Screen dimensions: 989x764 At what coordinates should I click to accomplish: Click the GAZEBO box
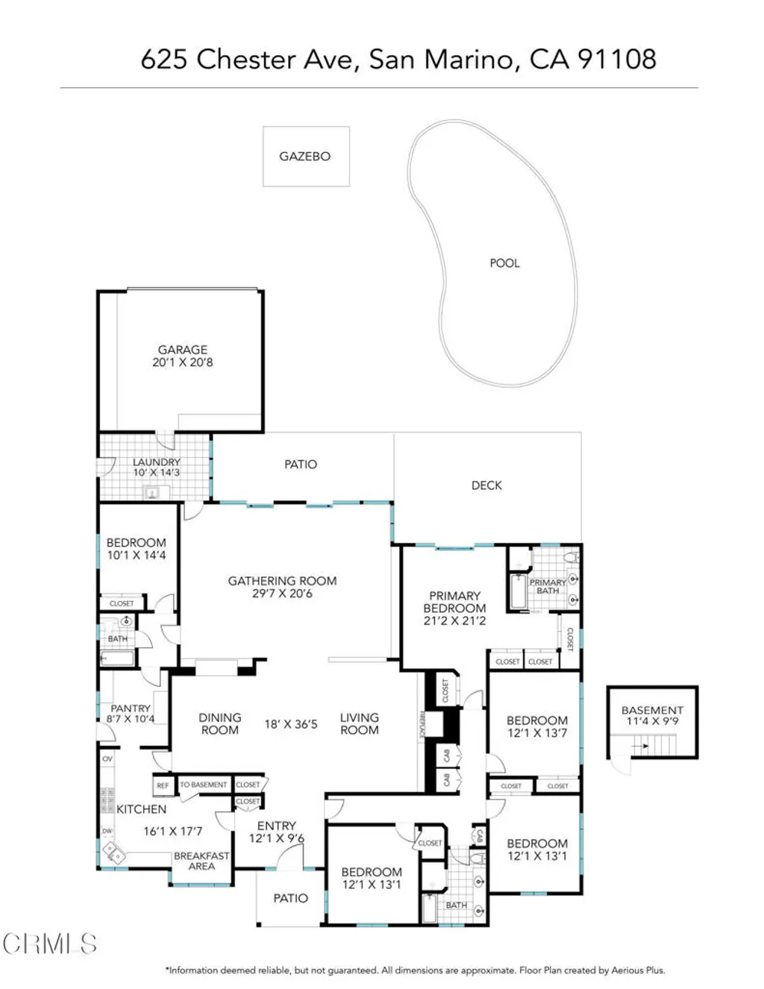coord(305,157)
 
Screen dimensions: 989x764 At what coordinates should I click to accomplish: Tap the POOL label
coord(504,263)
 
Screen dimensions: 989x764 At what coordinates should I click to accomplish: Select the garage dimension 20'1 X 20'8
coord(183,362)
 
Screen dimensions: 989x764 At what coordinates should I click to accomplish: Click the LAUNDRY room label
coord(156,462)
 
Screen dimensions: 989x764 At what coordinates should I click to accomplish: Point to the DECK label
coord(486,486)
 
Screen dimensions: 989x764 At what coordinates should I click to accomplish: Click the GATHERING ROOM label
coord(282,581)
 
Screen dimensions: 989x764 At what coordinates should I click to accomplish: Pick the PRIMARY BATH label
coord(548,586)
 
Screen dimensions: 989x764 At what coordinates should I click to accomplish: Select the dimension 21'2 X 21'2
coord(454,621)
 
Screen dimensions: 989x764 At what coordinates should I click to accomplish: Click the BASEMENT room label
coord(652,710)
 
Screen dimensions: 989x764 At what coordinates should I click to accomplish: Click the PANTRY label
coord(131,709)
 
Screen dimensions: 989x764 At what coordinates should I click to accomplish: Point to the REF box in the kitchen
coord(163,786)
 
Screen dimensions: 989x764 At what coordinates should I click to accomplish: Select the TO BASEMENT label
coord(203,785)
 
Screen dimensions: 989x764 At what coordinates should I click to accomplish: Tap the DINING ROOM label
coord(220,723)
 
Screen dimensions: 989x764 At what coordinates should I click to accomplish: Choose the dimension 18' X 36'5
coord(291,724)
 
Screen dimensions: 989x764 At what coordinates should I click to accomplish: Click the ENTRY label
coord(277,826)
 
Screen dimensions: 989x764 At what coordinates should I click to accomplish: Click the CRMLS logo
coord(49,944)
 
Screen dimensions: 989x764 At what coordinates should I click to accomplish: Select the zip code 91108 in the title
coord(617,59)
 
